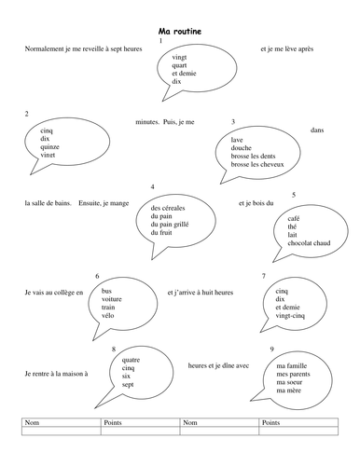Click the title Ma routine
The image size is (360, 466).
click(x=180, y=32)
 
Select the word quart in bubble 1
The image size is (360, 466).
click(x=180, y=65)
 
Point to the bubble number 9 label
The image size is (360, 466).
click(x=270, y=350)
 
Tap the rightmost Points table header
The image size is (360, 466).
click(x=272, y=422)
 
